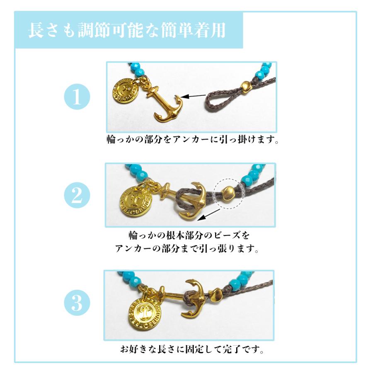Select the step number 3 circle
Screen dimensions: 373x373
click(x=77, y=304)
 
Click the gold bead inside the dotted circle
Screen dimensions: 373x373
click(x=229, y=192)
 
